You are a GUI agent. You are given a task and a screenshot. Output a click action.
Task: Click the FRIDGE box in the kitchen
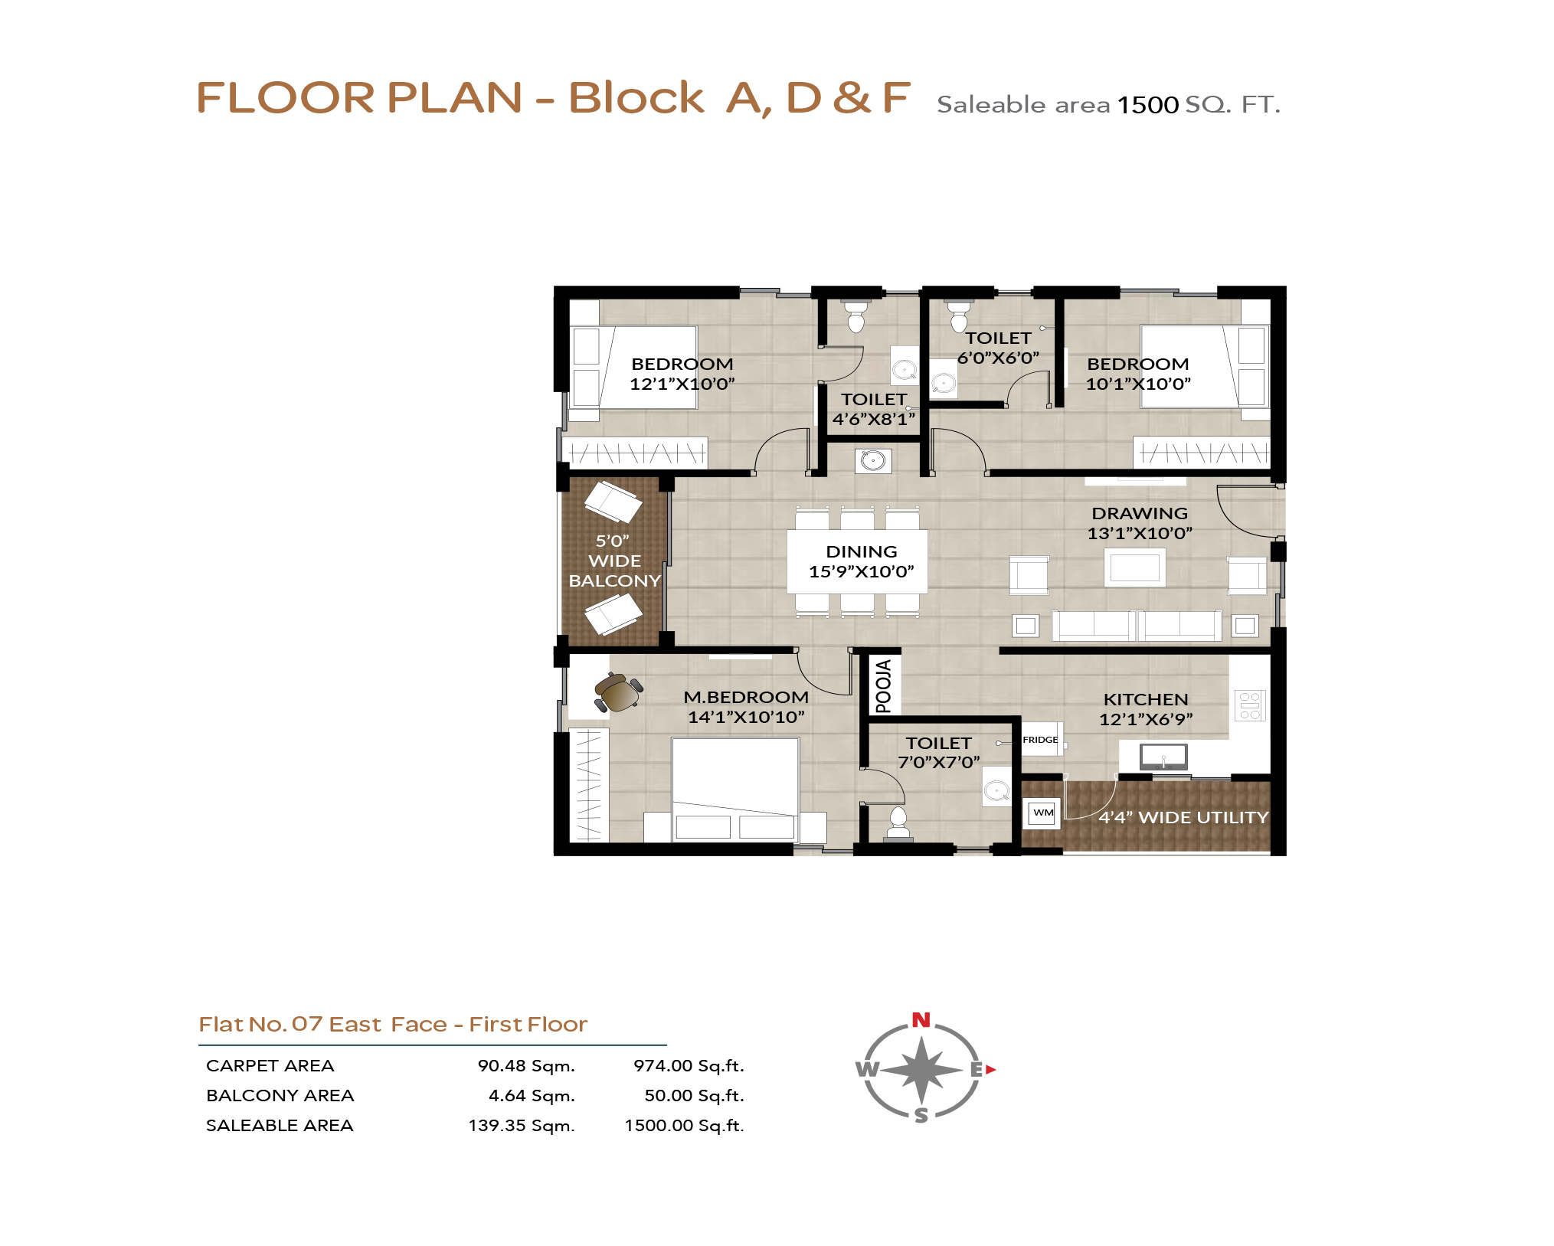(1042, 739)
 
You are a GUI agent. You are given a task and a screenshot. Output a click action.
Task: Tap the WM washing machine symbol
(1043, 813)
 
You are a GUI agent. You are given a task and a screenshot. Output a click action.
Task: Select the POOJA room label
(884, 686)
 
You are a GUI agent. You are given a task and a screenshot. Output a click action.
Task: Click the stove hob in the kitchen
(1249, 705)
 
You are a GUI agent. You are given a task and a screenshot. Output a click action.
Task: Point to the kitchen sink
(1163, 757)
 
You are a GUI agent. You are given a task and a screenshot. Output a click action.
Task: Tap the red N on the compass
(921, 1020)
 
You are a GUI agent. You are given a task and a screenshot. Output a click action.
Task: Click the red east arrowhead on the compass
(990, 1070)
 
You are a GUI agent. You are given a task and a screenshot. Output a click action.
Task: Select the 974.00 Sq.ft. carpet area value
(689, 1066)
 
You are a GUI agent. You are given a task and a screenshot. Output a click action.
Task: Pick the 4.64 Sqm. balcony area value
(532, 1096)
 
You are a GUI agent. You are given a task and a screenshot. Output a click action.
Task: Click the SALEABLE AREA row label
(280, 1126)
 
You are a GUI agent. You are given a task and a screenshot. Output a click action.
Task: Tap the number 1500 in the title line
(1147, 105)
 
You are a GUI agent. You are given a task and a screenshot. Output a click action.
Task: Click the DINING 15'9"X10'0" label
(862, 561)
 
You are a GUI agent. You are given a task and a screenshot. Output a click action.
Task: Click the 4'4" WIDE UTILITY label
(1183, 818)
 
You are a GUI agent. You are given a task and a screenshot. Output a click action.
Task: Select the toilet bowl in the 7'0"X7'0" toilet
(898, 822)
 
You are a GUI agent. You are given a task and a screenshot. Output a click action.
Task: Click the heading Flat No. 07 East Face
(322, 1025)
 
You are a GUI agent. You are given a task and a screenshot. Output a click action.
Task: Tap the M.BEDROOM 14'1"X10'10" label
(746, 707)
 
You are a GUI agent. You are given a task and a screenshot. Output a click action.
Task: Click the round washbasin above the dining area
(873, 460)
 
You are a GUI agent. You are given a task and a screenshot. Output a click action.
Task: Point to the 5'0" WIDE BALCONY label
(614, 561)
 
